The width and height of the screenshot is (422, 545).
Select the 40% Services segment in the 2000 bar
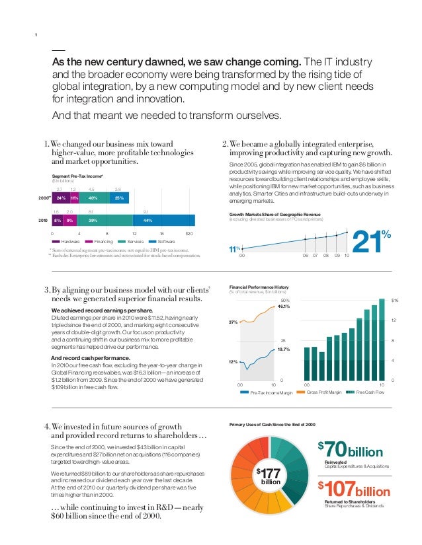(94, 198)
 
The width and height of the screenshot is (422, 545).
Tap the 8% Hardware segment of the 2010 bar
(58, 220)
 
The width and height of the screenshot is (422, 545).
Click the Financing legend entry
(103, 242)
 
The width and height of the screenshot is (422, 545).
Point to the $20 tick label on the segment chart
(190, 233)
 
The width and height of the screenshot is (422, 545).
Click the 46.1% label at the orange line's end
(284, 307)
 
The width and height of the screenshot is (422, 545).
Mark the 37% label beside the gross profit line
(233, 322)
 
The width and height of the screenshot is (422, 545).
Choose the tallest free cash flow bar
(382, 339)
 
